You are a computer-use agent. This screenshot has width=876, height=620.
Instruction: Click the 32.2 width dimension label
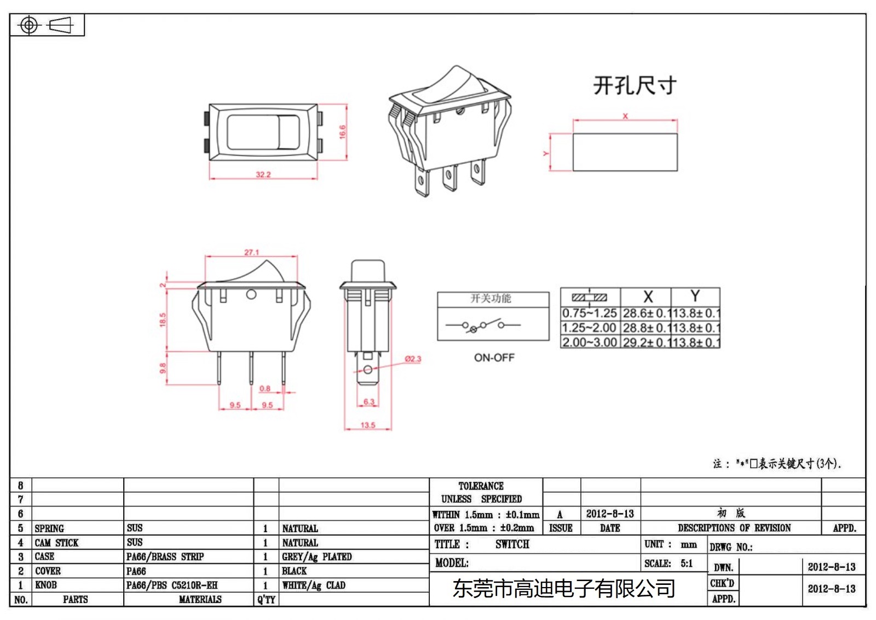click(x=263, y=174)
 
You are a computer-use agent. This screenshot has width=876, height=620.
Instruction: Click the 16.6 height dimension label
click(x=342, y=132)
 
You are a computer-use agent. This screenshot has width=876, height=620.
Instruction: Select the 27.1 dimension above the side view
click(x=251, y=252)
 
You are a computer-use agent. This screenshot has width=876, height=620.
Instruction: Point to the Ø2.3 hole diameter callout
click(x=413, y=359)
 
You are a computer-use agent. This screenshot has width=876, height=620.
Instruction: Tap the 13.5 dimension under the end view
click(x=368, y=425)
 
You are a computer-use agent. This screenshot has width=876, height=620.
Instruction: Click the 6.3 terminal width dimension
click(x=369, y=402)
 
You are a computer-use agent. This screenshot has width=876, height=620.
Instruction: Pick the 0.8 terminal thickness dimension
click(x=265, y=388)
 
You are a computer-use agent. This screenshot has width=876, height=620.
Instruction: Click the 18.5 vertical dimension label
click(x=163, y=320)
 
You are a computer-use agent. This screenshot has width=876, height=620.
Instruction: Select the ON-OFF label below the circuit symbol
click(x=494, y=357)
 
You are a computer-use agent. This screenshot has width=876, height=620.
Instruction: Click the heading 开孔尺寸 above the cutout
click(x=635, y=86)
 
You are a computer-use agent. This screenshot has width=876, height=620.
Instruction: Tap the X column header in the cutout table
click(x=648, y=297)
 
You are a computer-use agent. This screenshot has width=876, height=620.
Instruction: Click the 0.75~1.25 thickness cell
click(x=590, y=314)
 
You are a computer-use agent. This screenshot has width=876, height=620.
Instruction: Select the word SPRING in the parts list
click(x=49, y=528)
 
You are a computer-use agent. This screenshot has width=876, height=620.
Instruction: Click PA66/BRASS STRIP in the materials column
click(x=165, y=556)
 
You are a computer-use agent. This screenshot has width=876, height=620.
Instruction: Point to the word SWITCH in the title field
click(x=512, y=544)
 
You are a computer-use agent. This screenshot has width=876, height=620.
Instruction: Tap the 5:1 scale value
click(x=687, y=564)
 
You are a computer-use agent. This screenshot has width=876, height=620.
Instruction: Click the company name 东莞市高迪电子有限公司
click(x=564, y=589)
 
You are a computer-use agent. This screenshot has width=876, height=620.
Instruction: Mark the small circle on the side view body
click(x=251, y=294)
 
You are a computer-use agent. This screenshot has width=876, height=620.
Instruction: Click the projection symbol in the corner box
click(x=46, y=25)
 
